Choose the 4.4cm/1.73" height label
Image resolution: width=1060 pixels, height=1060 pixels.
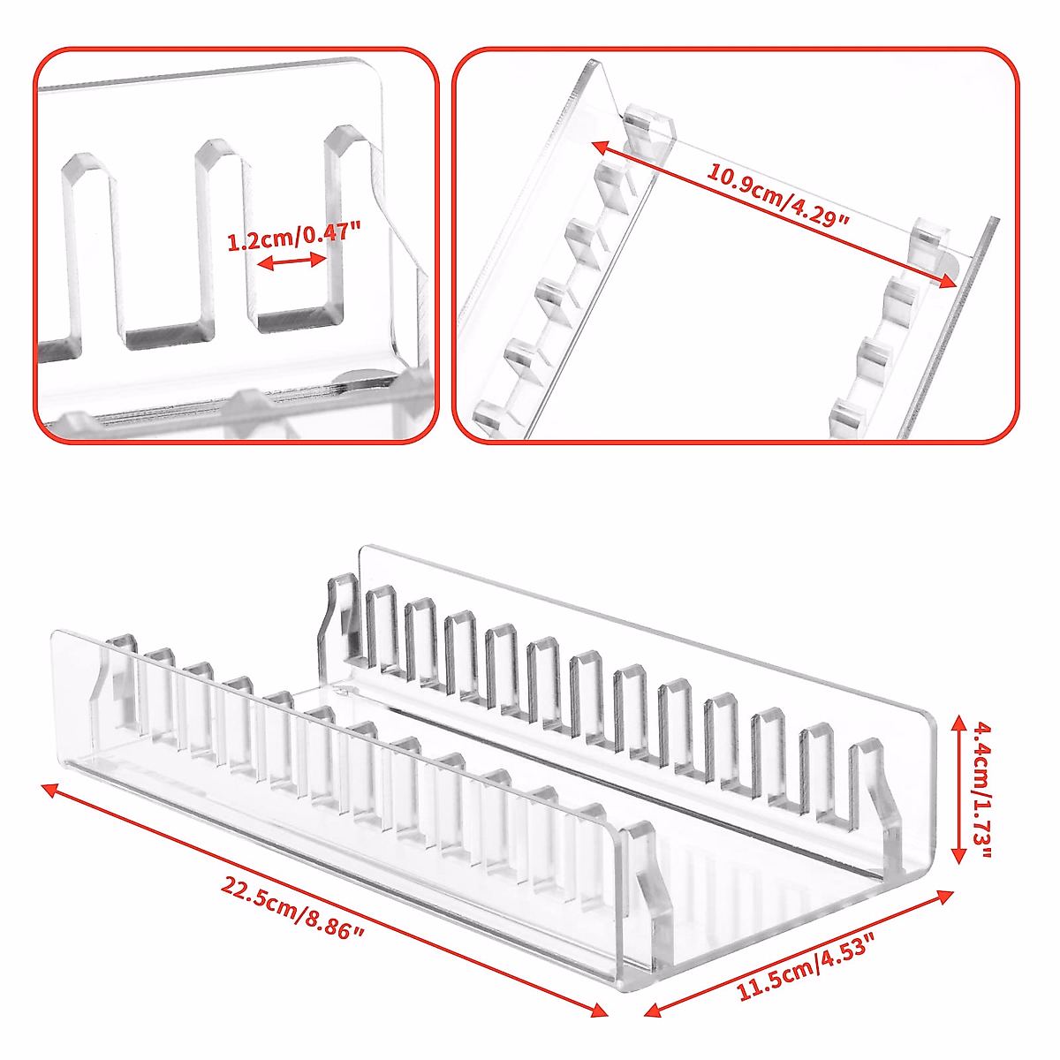click(x=981, y=791)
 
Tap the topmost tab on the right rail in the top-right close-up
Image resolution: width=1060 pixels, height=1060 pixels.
click(x=928, y=238)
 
